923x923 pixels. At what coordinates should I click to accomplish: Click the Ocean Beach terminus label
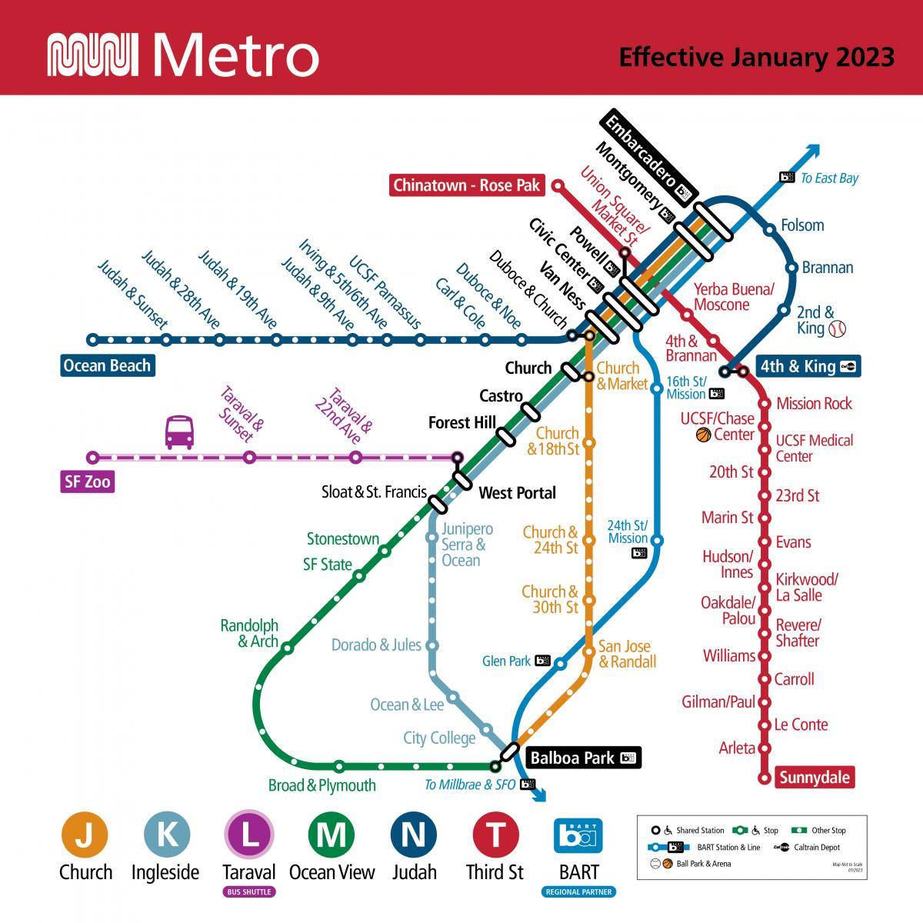point(107,365)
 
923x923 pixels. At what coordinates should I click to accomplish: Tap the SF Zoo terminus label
point(87,482)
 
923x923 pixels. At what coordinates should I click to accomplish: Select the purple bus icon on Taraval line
point(179,432)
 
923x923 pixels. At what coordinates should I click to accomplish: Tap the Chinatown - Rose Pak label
point(467,185)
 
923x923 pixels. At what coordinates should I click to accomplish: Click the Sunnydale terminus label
point(815,777)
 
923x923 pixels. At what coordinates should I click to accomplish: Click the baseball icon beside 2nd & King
point(837,328)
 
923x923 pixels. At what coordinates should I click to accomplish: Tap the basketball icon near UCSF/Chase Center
point(703,435)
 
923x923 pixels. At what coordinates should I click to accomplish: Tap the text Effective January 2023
point(756,57)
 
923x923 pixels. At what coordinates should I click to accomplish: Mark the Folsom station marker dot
point(769,229)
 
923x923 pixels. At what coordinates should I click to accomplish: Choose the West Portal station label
point(517,492)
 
